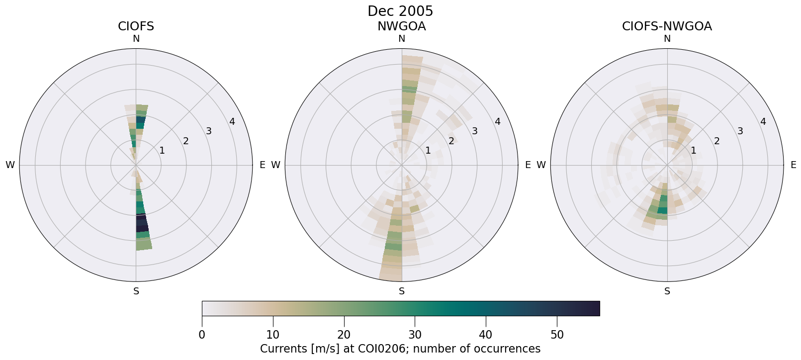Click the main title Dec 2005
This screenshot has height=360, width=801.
click(400, 11)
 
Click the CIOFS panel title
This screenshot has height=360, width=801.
click(136, 26)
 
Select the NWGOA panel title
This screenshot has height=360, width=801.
click(401, 26)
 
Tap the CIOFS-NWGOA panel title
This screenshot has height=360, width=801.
click(667, 26)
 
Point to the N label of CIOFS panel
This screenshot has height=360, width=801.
click(136, 39)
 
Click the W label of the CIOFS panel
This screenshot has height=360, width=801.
click(10, 165)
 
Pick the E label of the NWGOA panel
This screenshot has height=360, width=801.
click(528, 165)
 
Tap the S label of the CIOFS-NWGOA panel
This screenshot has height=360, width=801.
click(667, 291)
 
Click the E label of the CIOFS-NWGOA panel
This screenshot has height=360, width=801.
click(794, 165)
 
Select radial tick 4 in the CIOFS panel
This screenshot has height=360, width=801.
click(232, 122)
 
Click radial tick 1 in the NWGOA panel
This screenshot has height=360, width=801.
click(428, 150)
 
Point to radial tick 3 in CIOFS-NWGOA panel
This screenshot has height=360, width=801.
click(740, 131)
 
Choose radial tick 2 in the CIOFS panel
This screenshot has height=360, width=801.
click(185, 141)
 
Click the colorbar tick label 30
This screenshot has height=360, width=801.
click(415, 335)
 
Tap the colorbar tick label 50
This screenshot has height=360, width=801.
click(557, 335)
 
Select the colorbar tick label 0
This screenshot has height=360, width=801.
click(202, 335)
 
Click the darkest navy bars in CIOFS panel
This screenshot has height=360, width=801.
click(142, 222)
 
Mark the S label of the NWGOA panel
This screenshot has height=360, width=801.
click(402, 291)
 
